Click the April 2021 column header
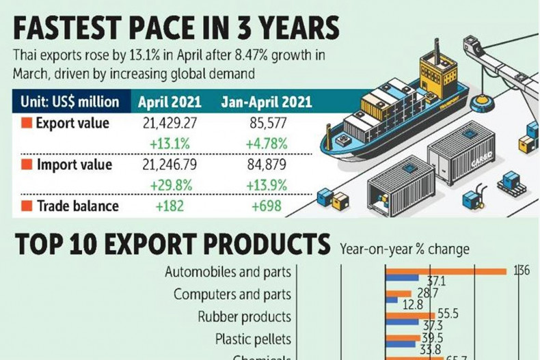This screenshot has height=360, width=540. point(170,103)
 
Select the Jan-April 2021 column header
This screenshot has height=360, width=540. point(266,103)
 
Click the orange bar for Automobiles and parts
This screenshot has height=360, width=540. point(445,271)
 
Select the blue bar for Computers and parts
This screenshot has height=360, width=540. point(392,299)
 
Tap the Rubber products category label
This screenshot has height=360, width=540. point(244,317)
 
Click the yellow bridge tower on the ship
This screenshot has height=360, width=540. point(437,68)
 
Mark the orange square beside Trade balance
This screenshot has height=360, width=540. point(27,206)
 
